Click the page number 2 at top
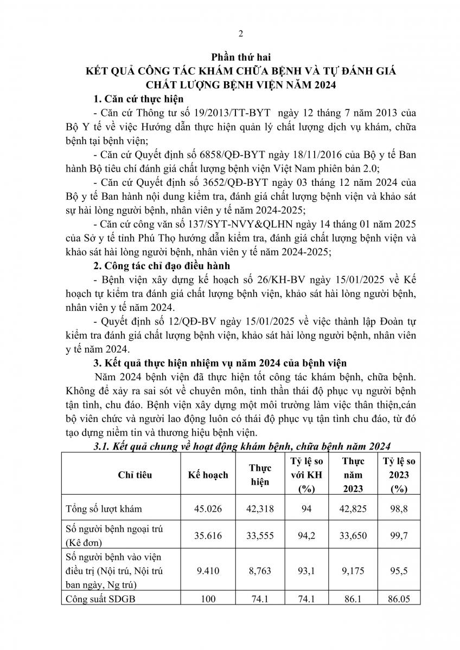click(x=240, y=34)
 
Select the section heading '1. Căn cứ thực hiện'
click(x=138, y=99)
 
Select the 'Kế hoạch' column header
click(x=205, y=475)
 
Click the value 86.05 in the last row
click(x=399, y=599)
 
